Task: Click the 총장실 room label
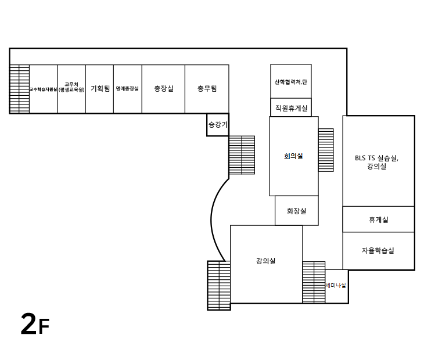[163, 89]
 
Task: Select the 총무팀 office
[207, 89]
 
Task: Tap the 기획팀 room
[100, 89]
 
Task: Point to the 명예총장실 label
[127, 89]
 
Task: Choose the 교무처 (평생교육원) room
[71, 87]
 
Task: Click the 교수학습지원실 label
[43, 89]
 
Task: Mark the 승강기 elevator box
[218, 124]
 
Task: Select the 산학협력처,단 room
[291, 82]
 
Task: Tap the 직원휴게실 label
[291, 107]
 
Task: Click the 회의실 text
[293, 156]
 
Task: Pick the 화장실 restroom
[296, 211]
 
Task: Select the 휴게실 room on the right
[378, 219]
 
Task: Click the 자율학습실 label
[378, 251]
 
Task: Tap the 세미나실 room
[336, 286]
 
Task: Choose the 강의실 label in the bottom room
[265, 261]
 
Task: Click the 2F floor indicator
[34, 325]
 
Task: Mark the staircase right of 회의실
[326, 150]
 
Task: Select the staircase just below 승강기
[242, 155]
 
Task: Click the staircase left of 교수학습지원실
[19, 88]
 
